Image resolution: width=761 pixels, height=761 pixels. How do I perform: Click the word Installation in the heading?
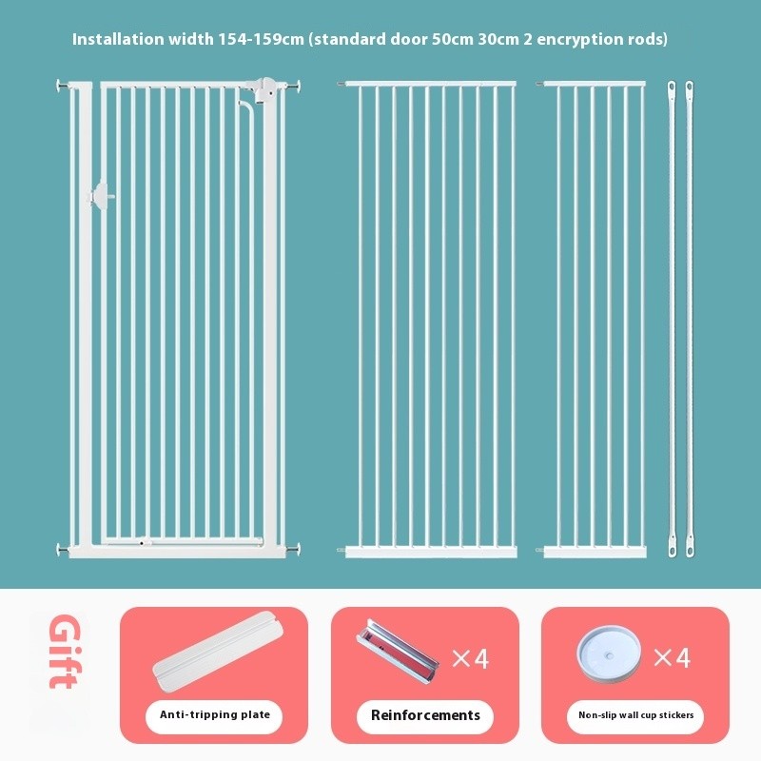pos(118,39)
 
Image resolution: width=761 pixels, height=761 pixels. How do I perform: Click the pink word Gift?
pos(64,652)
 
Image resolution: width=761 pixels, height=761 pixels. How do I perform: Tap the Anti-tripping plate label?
pos(215,714)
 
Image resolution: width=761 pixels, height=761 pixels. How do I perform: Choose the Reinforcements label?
pos(425,715)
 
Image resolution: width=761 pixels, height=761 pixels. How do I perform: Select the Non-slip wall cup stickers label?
pos(635,715)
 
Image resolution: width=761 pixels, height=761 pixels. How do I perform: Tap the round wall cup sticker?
pos(609,654)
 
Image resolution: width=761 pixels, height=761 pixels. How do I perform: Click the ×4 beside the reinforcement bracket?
pos(470,658)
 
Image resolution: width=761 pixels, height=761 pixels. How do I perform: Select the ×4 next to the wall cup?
pos(672,658)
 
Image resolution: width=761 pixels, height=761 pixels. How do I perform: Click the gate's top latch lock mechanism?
pos(260,88)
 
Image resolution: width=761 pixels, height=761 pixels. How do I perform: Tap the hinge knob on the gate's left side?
pos(101,196)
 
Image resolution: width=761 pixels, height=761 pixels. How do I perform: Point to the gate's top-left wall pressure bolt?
pos(63,86)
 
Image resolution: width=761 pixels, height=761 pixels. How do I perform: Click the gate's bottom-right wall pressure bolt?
pos(293,550)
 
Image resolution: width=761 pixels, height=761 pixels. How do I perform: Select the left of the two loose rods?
pos(672,319)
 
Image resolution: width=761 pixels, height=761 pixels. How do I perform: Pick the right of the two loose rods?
pos(690,319)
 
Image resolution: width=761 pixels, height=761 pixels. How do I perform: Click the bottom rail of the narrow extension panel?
pos(595,553)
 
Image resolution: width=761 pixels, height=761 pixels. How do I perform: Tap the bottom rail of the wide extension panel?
pos(431,553)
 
